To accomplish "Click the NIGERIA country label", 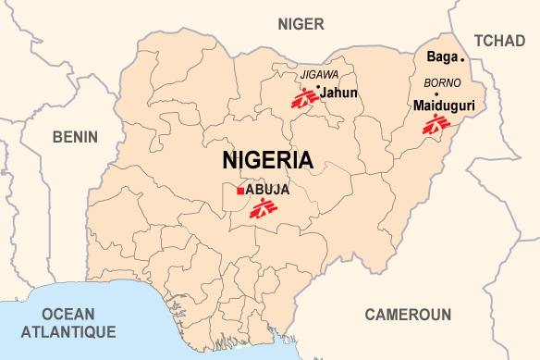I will pyautogui.click(x=268, y=159).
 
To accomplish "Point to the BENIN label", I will pyautogui.click(x=75, y=137).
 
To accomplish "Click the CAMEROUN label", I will pyautogui.click(x=408, y=315).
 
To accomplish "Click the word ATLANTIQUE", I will pyautogui.click(x=68, y=331).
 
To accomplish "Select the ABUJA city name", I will pyautogui.click(x=268, y=190).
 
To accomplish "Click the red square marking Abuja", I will pyautogui.click(x=239, y=191).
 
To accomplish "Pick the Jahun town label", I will pyautogui.click(x=339, y=91).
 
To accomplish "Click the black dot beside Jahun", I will pyautogui.click(x=318, y=88).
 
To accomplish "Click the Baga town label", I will pyautogui.click(x=441, y=57).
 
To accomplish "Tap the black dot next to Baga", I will pyautogui.click(x=462, y=58).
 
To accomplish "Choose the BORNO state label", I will pyautogui.click(x=441, y=82).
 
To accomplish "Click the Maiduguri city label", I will pyautogui.click(x=444, y=106).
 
